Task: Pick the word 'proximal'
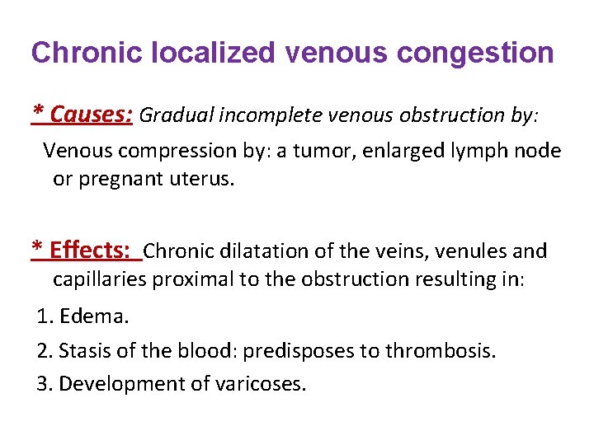pyautogui.click(x=196, y=279)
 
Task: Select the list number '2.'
pyautogui.click(x=45, y=351)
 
